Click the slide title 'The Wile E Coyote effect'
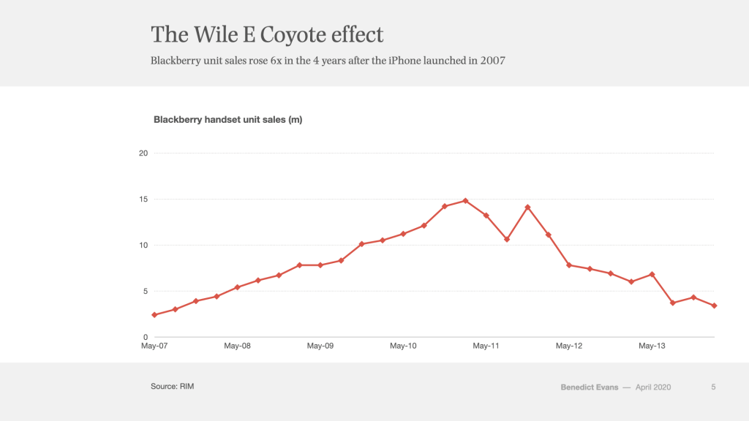267,34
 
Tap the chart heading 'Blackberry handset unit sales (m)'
227,120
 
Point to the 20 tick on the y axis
143,153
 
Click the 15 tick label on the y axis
143,199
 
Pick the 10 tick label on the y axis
143,245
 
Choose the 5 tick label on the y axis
146,291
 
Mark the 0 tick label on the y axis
146,337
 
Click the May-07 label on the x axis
154,346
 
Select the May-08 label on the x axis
237,346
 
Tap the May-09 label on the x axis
320,346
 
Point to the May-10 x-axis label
403,346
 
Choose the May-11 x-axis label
486,346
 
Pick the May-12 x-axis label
569,346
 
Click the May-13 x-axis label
652,346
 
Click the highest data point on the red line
465,200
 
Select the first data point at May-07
154,315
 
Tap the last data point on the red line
714,306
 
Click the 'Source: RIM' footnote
173,386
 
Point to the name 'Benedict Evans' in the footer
590,387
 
